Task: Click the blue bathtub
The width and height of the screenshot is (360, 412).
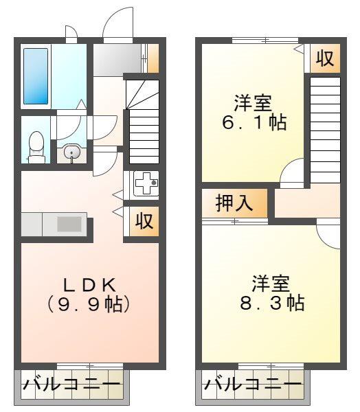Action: point(36,76)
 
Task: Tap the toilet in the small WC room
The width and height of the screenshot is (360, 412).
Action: point(36,148)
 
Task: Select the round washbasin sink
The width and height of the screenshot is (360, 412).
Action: point(71,152)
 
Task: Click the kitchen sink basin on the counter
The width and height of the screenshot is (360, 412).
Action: point(69,224)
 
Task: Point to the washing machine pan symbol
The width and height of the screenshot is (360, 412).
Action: point(146,183)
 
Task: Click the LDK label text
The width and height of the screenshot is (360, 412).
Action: point(89,284)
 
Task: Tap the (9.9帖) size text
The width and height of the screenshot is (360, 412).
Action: point(89,304)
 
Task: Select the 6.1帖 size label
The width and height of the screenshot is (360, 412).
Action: point(254,122)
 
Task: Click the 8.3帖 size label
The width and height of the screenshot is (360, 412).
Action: point(272,303)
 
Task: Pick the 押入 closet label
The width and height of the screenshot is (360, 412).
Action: point(234,203)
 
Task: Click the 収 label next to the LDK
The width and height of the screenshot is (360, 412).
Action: point(144,221)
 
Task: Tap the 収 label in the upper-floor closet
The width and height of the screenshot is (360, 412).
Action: point(325,58)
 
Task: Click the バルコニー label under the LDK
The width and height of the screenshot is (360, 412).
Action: point(71,385)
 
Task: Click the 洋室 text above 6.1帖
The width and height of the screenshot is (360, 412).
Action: point(253,103)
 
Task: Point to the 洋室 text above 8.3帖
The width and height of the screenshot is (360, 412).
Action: point(271,284)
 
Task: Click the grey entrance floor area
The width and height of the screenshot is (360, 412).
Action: point(117,60)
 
